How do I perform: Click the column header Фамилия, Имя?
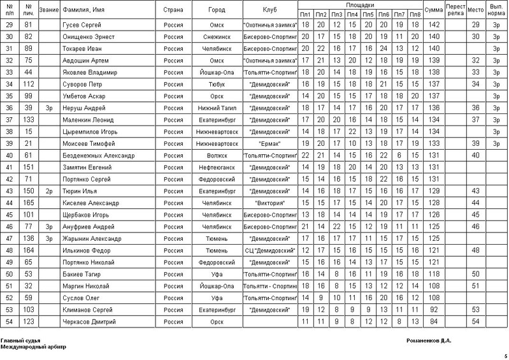80,10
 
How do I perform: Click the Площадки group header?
360,4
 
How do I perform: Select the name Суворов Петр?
77,83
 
